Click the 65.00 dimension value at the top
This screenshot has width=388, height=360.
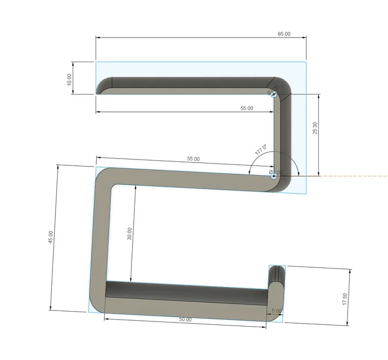pos(284,34)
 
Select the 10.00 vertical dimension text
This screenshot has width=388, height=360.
pos(70,79)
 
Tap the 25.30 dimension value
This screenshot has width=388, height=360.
pos(315,128)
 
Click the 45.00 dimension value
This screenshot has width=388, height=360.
pos(51,237)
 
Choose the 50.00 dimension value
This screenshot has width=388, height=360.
pos(184,319)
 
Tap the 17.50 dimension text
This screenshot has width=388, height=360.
pos(345,300)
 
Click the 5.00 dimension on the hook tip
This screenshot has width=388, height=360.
pos(277,311)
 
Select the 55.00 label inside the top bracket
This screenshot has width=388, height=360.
pos(247,108)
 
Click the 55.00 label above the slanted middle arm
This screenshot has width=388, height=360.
pos(193,158)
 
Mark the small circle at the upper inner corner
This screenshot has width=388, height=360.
pos(274,94)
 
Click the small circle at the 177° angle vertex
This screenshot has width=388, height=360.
pos(274,172)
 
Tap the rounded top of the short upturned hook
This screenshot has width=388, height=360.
pos(277,268)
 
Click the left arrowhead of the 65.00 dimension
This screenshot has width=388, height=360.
pos(98,39)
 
